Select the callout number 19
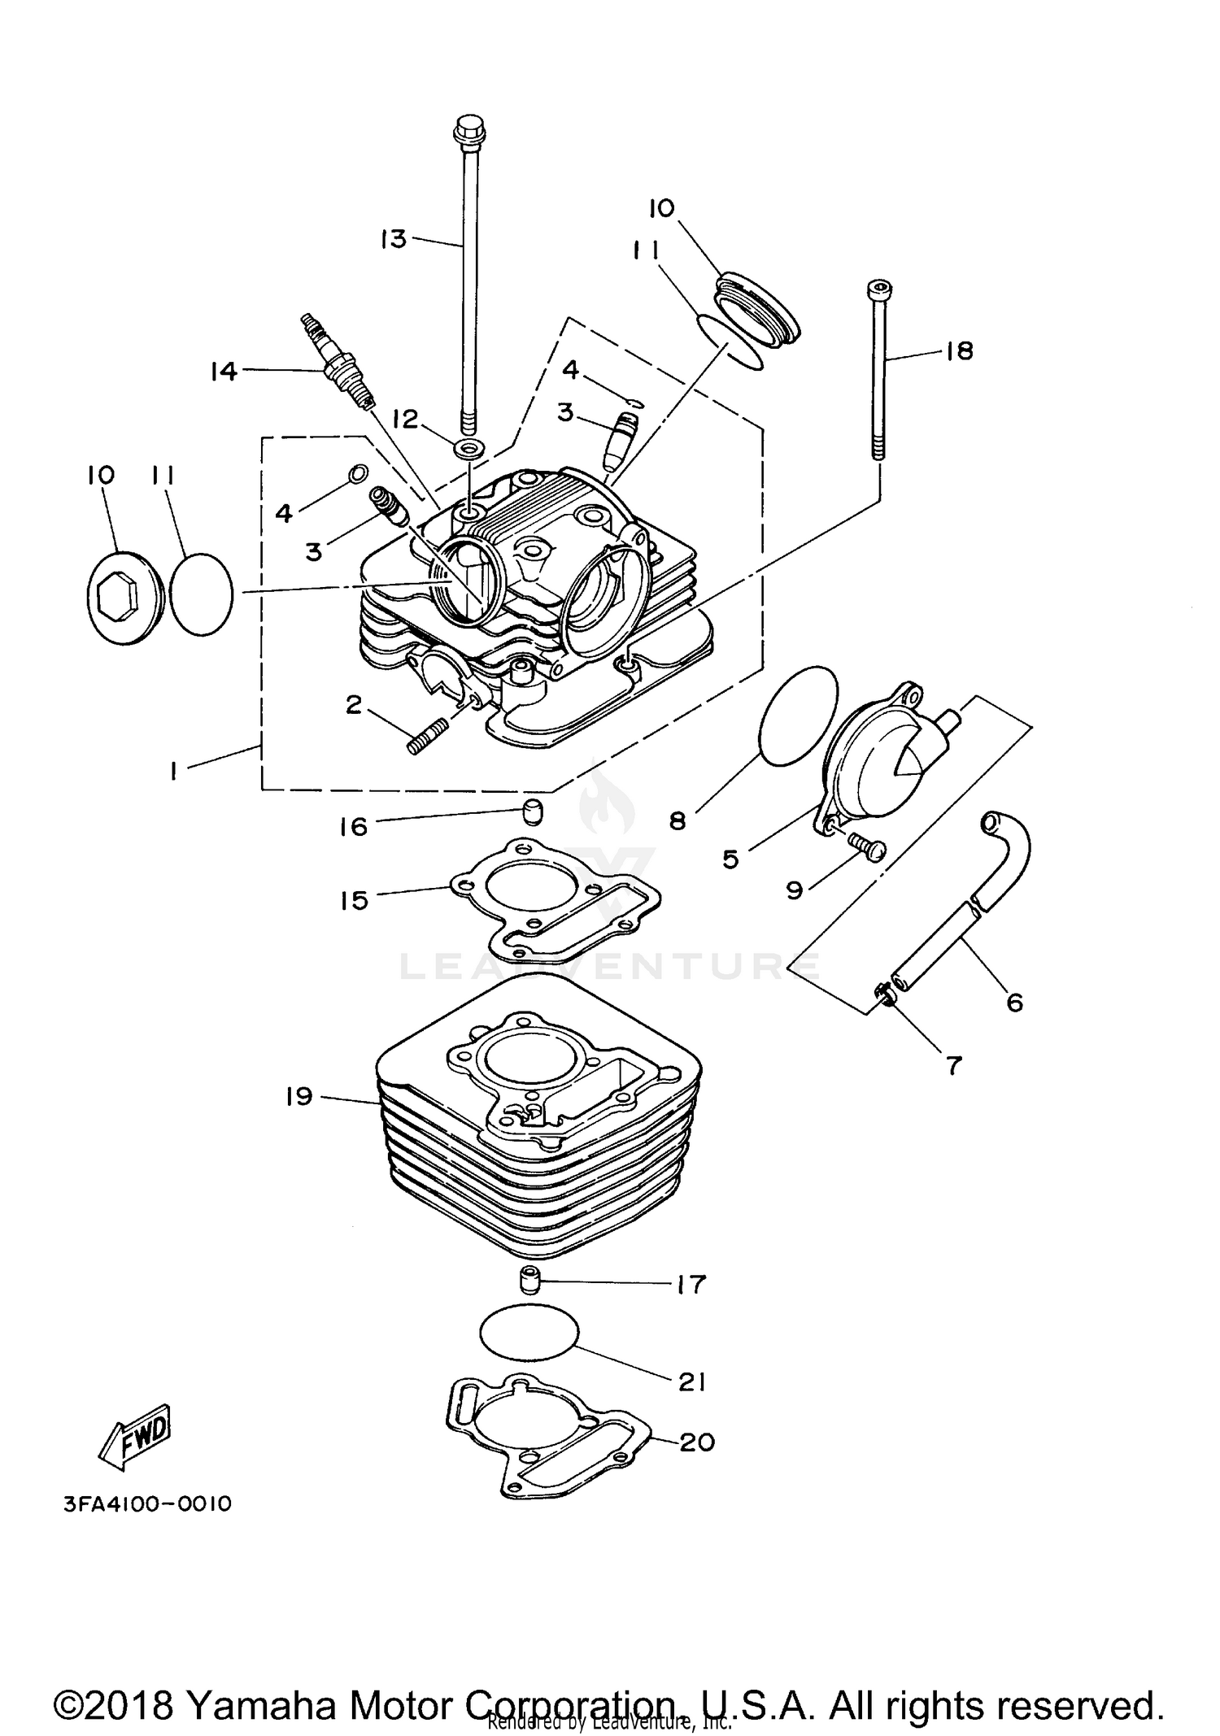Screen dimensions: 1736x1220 tap(299, 1097)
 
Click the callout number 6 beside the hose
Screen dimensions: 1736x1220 tap(1014, 1003)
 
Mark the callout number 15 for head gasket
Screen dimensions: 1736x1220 tap(354, 900)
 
